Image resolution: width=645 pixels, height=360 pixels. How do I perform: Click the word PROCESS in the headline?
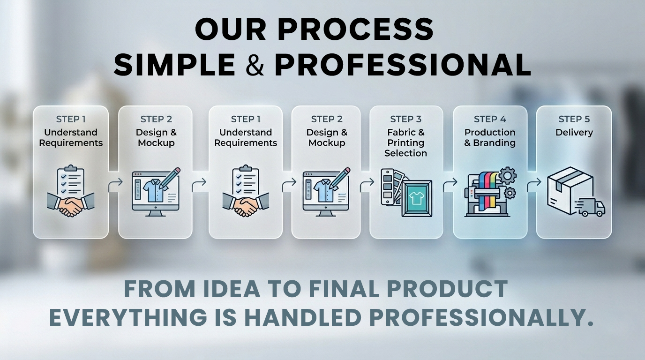(x=356, y=30)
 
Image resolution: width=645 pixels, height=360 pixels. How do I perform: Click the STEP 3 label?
(x=406, y=119)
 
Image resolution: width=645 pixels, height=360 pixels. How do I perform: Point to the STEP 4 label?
(x=490, y=119)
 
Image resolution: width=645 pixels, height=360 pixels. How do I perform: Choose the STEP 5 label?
(x=574, y=119)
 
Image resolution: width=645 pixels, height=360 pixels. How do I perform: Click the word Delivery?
(x=574, y=133)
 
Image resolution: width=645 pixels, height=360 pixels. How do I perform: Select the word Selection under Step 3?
(x=406, y=153)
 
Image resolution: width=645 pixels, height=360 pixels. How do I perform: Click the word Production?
(x=490, y=132)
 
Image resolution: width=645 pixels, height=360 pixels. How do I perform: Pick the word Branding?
(x=494, y=142)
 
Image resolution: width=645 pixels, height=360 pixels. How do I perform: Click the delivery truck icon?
(x=590, y=207)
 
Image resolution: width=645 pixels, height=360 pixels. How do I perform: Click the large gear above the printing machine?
(x=507, y=175)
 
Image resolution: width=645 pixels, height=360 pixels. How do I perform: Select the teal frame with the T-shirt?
(x=417, y=198)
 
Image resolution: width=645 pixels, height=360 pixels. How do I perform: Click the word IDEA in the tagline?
(x=232, y=289)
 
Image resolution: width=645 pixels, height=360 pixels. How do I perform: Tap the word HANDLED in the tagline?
(x=303, y=317)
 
